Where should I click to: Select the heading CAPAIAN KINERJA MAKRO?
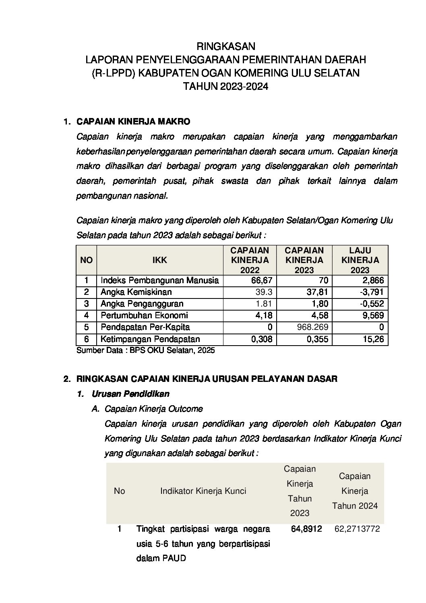click(133, 121)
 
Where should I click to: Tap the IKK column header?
click(159, 260)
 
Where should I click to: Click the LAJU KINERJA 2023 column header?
click(360, 260)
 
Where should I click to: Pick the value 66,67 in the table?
click(262, 281)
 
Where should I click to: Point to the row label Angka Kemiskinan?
click(136, 292)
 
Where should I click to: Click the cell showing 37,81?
click(318, 292)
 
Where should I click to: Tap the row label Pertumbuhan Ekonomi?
click(144, 315)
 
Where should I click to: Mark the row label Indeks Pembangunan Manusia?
click(159, 280)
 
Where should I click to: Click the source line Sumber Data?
click(145, 350)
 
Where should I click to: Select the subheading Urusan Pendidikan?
click(130, 394)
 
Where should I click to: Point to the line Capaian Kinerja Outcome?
click(153, 409)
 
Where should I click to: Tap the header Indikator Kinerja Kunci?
click(203, 491)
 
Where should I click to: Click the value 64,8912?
click(306, 528)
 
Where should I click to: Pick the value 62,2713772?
click(357, 529)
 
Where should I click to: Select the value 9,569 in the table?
click(373, 315)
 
